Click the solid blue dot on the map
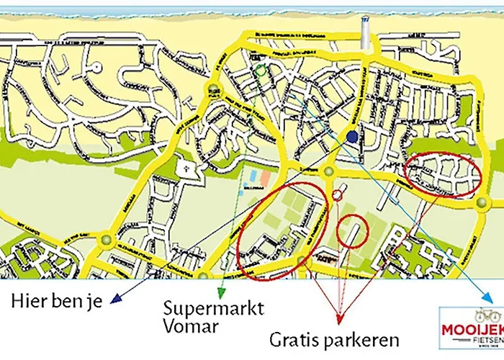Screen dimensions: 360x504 351,137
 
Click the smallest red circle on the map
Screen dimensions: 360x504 337,196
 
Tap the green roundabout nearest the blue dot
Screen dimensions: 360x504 328,172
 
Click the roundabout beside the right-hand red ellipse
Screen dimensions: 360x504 479,204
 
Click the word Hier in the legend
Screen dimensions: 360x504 27,299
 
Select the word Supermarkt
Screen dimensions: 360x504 214,307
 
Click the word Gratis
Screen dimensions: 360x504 294,338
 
